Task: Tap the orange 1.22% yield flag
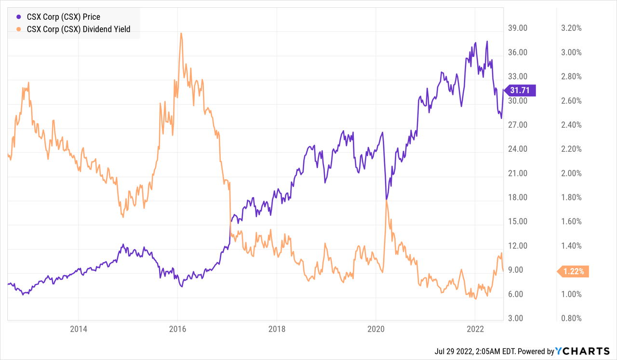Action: [x=574, y=271]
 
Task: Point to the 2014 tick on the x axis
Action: [x=78, y=329]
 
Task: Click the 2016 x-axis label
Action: [x=177, y=329]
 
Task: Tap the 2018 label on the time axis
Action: [x=276, y=329]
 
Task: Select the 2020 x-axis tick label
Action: [x=376, y=329]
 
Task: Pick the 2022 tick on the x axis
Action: [x=475, y=329]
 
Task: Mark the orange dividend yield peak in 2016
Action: [x=181, y=33]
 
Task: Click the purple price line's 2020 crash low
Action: [x=387, y=199]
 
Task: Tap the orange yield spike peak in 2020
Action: [x=387, y=200]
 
